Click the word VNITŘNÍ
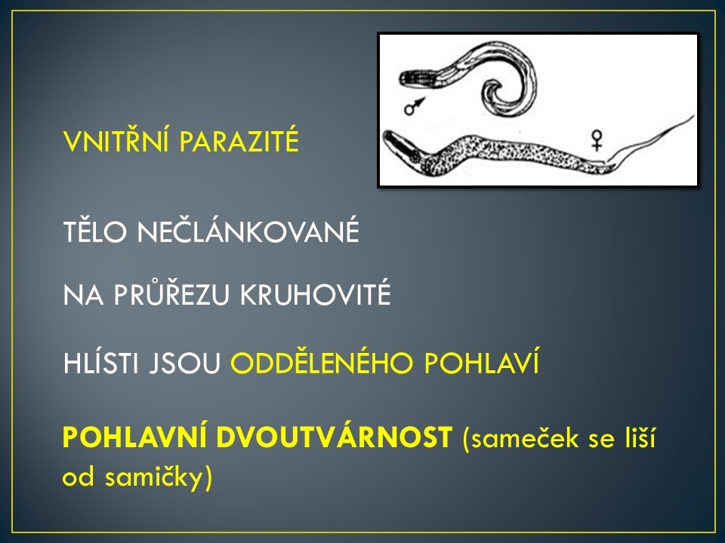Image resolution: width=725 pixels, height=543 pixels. tap(118, 141)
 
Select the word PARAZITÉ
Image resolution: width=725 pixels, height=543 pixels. tap(239, 141)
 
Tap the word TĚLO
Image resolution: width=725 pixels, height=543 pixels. tap(95, 231)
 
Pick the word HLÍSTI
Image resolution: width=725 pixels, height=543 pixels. tap(100, 363)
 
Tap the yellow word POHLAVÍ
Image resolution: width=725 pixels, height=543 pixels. tap(482, 363)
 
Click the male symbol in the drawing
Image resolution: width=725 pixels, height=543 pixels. tap(415, 106)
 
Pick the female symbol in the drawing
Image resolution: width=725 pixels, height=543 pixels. tap(597, 140)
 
